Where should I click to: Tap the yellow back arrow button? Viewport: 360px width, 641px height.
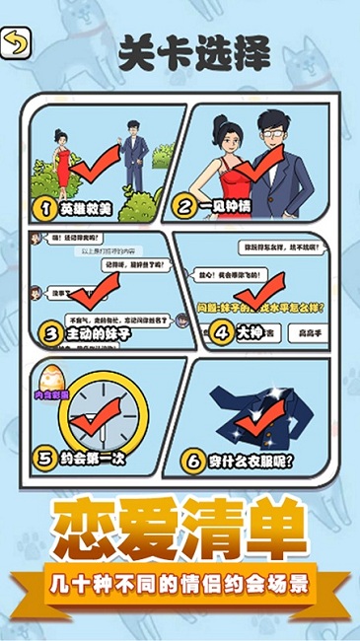(x=17, y=41)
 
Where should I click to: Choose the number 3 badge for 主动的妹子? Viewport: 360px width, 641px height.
(x=50, y=334)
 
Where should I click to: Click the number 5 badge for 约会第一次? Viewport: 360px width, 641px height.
(x=44, y=459)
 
